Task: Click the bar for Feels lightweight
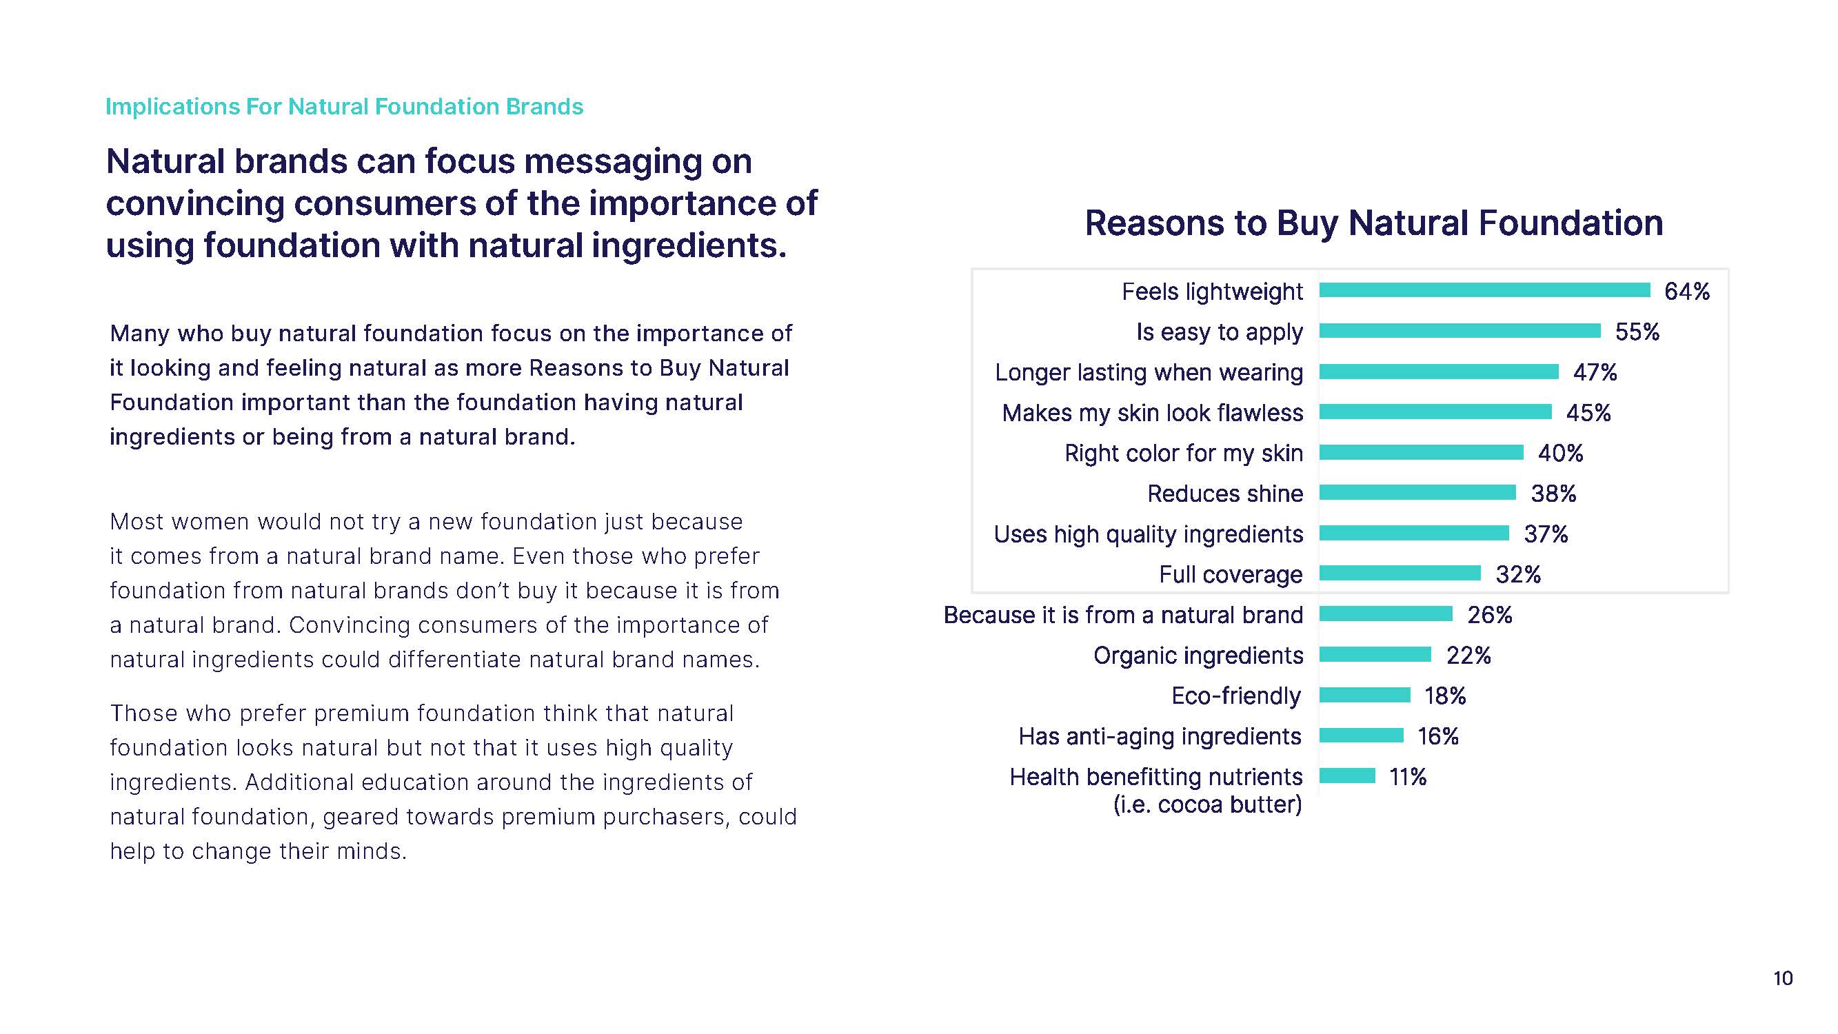point(1484,290)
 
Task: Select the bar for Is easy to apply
point(1459,330)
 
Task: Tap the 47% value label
point(1595,372)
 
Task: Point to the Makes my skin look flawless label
point(1152,412)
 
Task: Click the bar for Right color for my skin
point(1421,452)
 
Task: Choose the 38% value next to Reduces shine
point(1553,493)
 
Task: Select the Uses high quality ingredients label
point(1148,534)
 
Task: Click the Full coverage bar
point(1400,573)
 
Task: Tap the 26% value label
point(1489,614)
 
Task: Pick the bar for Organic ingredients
point(1375,654)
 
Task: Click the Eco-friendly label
point(1236,696)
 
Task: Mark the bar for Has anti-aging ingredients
point(1361,735)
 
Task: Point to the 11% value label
point(1407,776)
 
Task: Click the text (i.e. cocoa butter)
point(1207,804)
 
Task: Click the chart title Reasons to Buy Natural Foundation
point(1373,223)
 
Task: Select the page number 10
point(1782,978)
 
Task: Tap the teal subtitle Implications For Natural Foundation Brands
point(344,106)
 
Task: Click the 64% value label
point(1687,291)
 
